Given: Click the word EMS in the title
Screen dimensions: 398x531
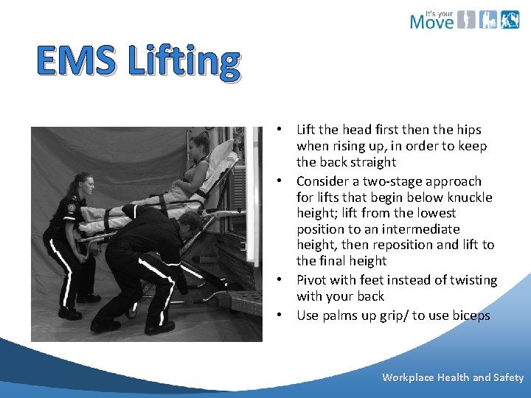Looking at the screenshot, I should tap(77, 62).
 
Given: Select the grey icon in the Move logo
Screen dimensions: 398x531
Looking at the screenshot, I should tap(465, 19).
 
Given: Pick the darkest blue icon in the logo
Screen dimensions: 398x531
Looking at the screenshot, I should tap(510, 19).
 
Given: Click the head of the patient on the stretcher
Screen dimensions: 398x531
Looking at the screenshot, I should tap(199, 144).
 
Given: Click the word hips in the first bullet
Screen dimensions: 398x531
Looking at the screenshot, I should tap(466, 130).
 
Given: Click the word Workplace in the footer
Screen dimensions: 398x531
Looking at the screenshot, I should tap(408, 377).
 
